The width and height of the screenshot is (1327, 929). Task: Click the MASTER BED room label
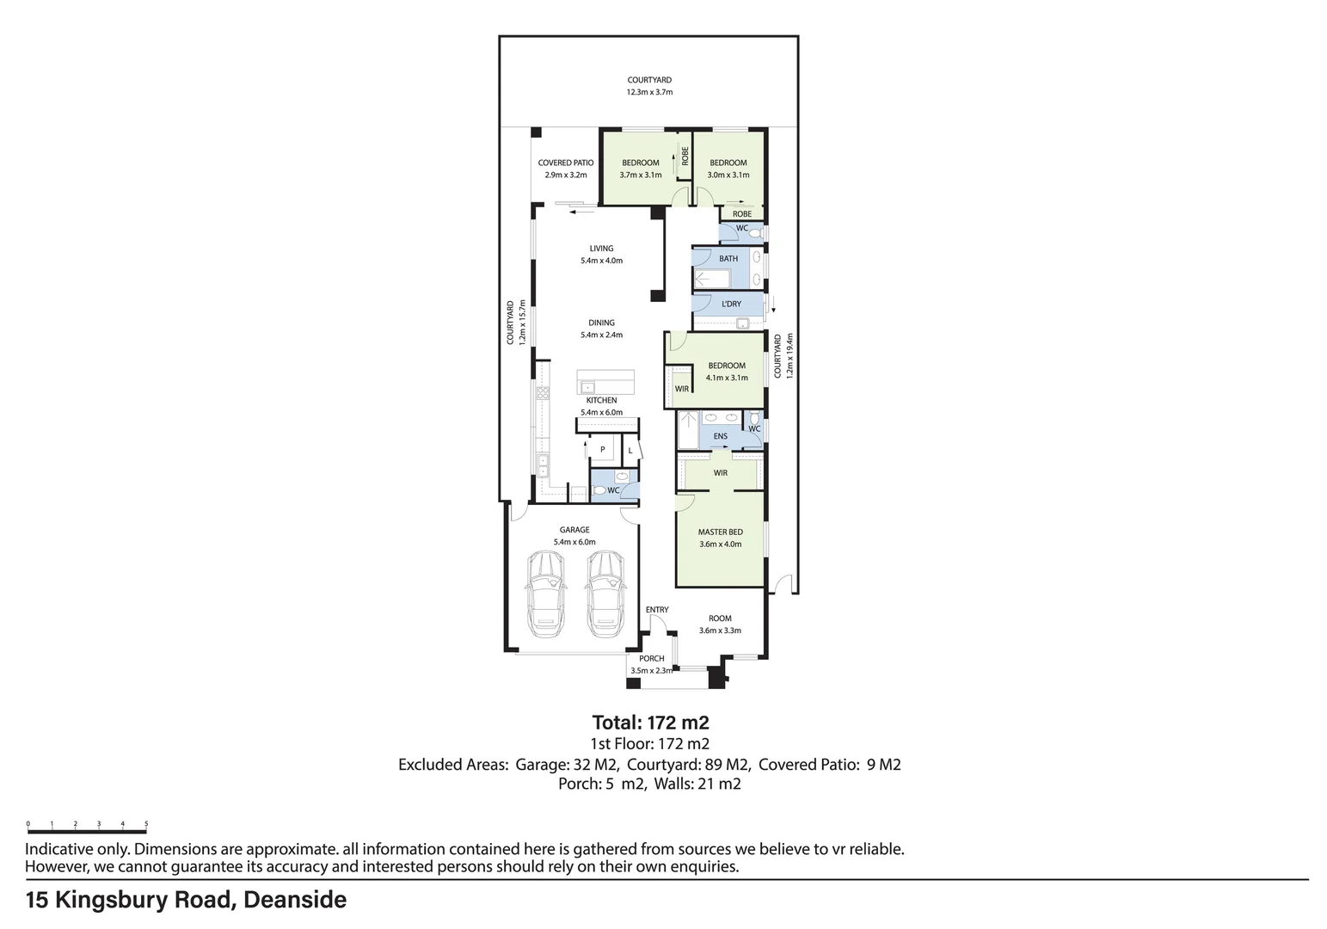click(720, 532)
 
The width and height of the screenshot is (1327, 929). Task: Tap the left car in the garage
click(544, 594)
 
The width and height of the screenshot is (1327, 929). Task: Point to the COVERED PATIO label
click(566, 163)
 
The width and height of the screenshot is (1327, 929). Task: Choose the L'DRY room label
click(731, 304)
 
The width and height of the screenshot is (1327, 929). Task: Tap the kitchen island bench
click(605, 381)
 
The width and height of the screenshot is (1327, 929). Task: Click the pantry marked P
click(603, 449)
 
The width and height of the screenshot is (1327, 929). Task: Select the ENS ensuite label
click(721, 436)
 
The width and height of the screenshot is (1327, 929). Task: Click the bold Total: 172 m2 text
click(650, 723)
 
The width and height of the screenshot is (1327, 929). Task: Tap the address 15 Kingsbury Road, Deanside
click(186, 900)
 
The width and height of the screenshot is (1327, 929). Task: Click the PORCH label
click(651, 658)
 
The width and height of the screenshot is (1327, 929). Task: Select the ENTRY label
click(657, 610)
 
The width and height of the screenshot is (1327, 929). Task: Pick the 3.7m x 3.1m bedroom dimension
click(641, 175)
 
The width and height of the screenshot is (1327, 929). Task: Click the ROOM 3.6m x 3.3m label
click(720, 624)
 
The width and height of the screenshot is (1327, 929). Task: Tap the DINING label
click(601, 323)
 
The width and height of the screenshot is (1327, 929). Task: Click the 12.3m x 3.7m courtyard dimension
click(649, 92)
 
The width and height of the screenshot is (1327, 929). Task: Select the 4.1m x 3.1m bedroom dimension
click(727, 378)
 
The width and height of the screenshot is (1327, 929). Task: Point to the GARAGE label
click(574, 530)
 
